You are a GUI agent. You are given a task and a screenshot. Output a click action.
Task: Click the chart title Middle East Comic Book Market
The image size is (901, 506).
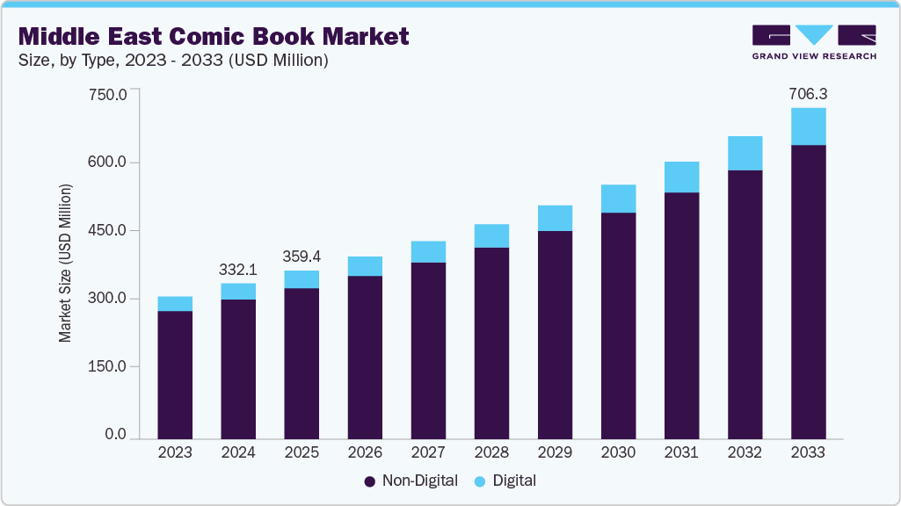(x=214, y=36)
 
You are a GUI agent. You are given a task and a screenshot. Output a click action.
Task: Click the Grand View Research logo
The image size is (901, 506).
(x=814, y=41)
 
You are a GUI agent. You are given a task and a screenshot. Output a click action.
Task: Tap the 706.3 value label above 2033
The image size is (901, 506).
(x=808, y=92)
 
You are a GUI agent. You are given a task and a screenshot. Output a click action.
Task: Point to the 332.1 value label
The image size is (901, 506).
(x=238, y=268)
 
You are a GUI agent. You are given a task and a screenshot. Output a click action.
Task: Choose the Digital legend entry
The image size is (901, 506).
(x=505, y=481)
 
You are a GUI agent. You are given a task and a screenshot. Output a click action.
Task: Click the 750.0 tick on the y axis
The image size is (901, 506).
(x=110, y=94)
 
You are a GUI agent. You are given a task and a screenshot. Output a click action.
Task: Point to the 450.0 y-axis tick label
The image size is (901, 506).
(x=110, y=230)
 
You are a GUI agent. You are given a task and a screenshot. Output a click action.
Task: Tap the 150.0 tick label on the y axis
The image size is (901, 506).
(x=110, y=366)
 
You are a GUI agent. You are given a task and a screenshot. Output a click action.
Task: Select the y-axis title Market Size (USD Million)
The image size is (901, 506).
(x=66, y=264)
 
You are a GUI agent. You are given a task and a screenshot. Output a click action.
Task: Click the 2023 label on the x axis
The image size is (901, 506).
(x=175, y=452)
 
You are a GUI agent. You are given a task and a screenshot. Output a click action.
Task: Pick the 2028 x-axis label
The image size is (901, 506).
(x=491, y=452)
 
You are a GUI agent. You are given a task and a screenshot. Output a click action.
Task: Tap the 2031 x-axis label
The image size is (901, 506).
(x=681, y=452)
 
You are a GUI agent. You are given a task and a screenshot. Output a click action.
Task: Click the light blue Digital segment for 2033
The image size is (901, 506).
(x=808, y=126)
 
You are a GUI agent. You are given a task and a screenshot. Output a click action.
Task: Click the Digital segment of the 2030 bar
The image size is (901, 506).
(x=618, y=199)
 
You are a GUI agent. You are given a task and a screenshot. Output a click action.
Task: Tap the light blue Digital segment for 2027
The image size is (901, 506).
(x=428, y=251)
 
